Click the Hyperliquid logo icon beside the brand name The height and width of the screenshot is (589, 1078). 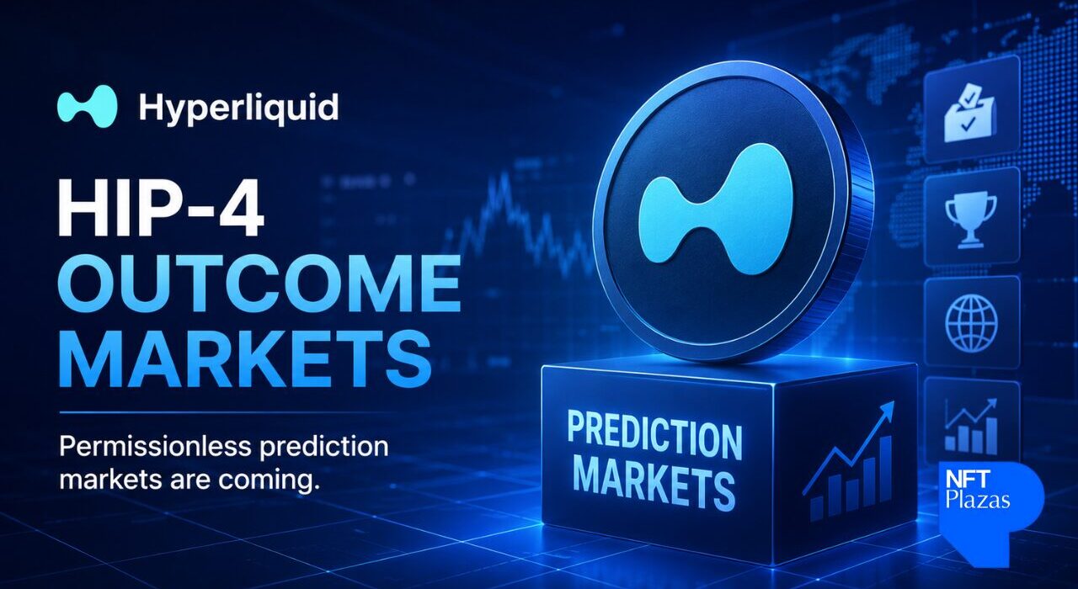(87, 106)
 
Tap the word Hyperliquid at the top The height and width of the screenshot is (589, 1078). (238, 107)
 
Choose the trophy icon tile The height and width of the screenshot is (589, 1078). (972, 218)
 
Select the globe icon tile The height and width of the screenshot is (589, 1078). (972, 321)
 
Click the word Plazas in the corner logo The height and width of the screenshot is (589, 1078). (978, 499)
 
